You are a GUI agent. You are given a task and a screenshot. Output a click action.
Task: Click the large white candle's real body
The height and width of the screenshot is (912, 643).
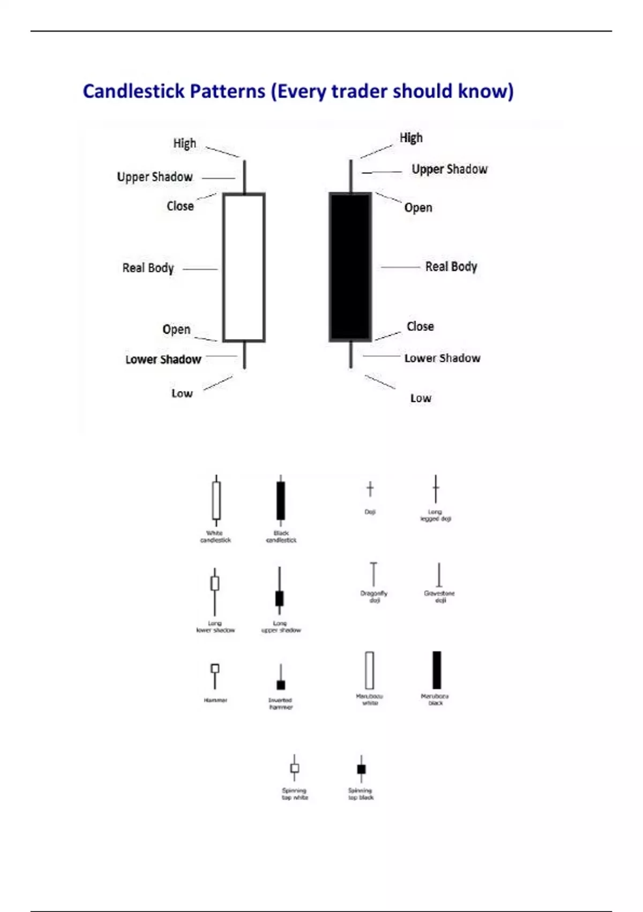point(244,267)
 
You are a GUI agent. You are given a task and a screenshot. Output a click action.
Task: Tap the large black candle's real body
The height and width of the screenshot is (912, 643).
point(350,267)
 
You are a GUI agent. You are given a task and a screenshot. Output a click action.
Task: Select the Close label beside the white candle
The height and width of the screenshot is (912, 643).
point(180,206)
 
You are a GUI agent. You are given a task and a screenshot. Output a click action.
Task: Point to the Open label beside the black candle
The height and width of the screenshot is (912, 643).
point(418,208)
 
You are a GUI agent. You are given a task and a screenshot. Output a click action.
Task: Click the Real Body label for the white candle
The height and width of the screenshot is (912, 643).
point(148,268)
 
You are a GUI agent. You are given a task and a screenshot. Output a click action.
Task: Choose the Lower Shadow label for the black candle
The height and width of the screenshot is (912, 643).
point(442,358)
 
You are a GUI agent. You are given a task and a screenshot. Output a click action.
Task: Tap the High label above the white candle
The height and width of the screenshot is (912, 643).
point(184,143)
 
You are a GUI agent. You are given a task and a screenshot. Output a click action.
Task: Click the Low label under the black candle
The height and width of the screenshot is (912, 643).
point(421,398)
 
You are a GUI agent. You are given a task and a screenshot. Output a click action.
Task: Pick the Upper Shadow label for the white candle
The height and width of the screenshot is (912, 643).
point(154,176)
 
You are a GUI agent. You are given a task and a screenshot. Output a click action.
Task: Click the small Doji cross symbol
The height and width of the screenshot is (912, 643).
point(370,489)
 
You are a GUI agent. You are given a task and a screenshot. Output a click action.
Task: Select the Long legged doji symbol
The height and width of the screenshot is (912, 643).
point(436,489)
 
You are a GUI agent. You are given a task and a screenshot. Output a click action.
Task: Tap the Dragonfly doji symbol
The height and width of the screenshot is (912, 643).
point(373,574)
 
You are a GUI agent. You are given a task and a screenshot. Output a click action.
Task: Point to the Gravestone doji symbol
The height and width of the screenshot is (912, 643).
point(439,575)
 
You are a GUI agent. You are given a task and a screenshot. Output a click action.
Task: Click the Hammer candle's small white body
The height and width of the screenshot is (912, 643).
point(215,668)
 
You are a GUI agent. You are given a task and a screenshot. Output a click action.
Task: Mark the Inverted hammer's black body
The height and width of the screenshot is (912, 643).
point(281,685)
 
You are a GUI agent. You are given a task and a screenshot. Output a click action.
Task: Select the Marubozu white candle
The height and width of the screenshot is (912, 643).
point(369,670)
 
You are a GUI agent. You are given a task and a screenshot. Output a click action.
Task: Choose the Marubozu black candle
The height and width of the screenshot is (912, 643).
point(437,670)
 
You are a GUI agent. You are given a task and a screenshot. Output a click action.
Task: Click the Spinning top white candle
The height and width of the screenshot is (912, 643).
point(294,768)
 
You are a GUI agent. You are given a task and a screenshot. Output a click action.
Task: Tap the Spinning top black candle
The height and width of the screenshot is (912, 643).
point(361,769)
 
